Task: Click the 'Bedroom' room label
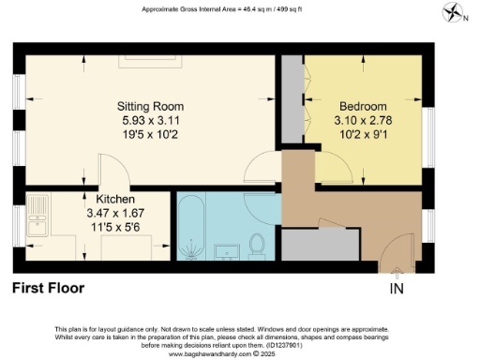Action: (358, 106)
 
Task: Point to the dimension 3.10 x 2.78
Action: (358, 120)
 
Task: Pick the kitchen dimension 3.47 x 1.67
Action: (115, 214)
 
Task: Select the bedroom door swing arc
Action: (332, 171)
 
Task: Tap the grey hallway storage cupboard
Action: (319, 244)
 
